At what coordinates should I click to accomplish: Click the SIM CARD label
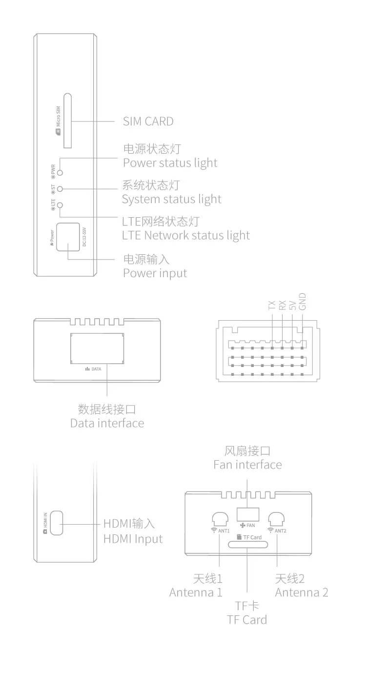[148, 121]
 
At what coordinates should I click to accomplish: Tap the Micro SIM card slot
[69, 120]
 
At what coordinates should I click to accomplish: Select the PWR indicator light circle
[60, 172]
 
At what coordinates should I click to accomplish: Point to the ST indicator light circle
[60, 188]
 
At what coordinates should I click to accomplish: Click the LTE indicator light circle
[60, 205]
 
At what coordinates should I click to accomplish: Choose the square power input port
[67, 237]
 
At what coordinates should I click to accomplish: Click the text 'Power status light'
[170, 163]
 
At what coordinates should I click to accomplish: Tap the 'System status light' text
[171, 199]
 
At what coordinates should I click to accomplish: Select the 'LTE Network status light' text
[185, 235]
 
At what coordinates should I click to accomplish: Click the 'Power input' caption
[155, 272]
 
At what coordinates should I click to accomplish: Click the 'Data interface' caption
[107, 423]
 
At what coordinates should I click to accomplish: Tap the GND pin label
[303, 302]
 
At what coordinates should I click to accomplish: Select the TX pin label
[272, 306]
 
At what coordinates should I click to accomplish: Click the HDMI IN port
[57, 523]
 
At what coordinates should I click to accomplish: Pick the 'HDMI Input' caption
[133, 539]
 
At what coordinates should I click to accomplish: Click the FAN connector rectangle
[247, 514]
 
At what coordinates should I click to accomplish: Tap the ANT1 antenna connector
[220, 519]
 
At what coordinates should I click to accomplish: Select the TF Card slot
[248, 544]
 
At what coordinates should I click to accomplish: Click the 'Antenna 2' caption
[302, 592]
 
